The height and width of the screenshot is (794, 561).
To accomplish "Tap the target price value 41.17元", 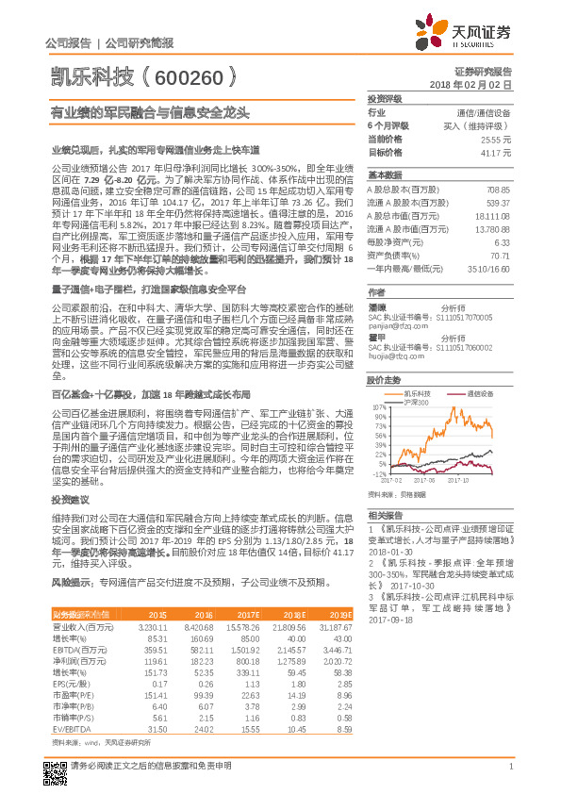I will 495,152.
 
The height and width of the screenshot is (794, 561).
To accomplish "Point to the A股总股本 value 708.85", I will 497,190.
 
